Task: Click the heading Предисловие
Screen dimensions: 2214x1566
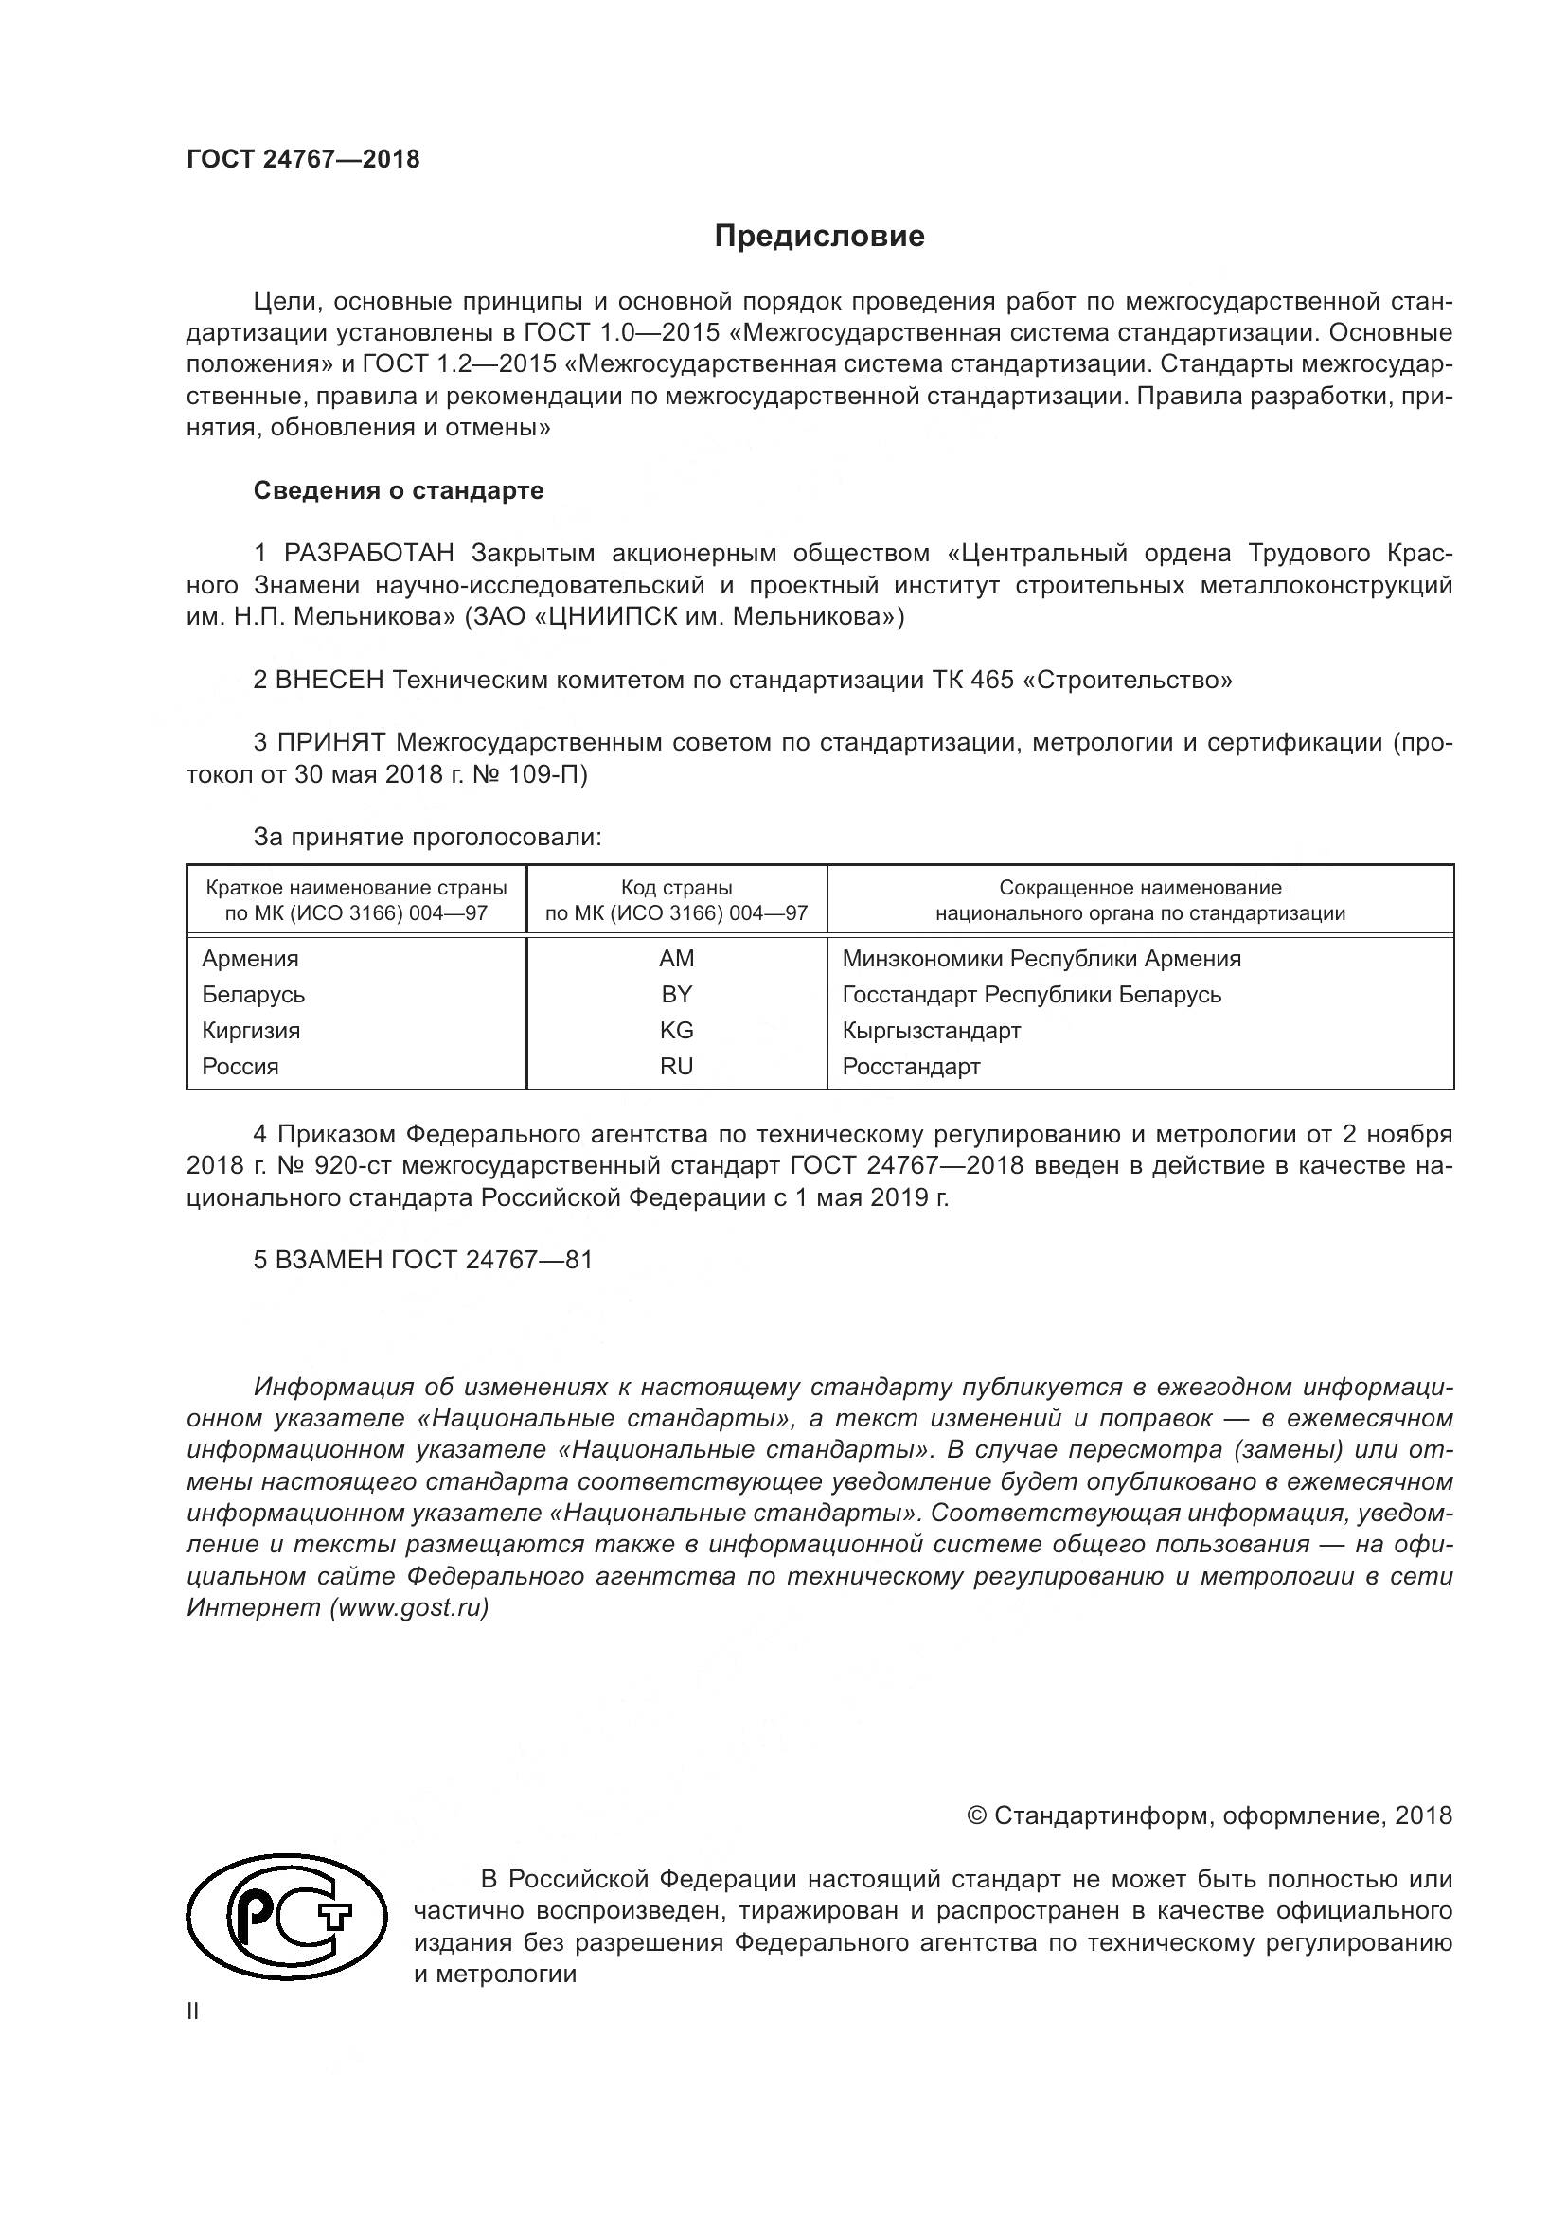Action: click(x=819, y=237)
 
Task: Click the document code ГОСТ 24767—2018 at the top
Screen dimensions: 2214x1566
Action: click(x=303, y=160)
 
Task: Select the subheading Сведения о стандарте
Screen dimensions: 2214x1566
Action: click(x=399, y=491)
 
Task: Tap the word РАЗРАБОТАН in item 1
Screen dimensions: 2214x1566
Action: click(x=369, y=554)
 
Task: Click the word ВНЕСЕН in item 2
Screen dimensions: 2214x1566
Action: click(x=330, y=680)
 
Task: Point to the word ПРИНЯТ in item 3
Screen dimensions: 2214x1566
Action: click(x=331, y=742)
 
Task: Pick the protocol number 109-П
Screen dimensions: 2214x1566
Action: click(x=552, y=774)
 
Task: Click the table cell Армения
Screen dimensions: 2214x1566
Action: click(x=251, y=959)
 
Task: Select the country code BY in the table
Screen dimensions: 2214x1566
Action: click(x=676, y=994)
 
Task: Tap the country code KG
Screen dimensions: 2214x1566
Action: click(x=676, y=1030)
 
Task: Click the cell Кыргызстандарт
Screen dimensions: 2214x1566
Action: click(x=932, y=1030)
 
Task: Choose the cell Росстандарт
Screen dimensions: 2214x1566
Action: click(x=911, y=1067)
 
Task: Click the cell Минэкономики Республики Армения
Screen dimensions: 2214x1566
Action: click(x=1041, y=959)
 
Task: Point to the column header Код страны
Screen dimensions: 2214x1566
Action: click(x=676, y=887)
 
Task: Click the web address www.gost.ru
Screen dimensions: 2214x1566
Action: click(x=409, y=1607)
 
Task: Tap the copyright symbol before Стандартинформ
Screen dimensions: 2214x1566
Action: click(x=976, y=1815)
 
